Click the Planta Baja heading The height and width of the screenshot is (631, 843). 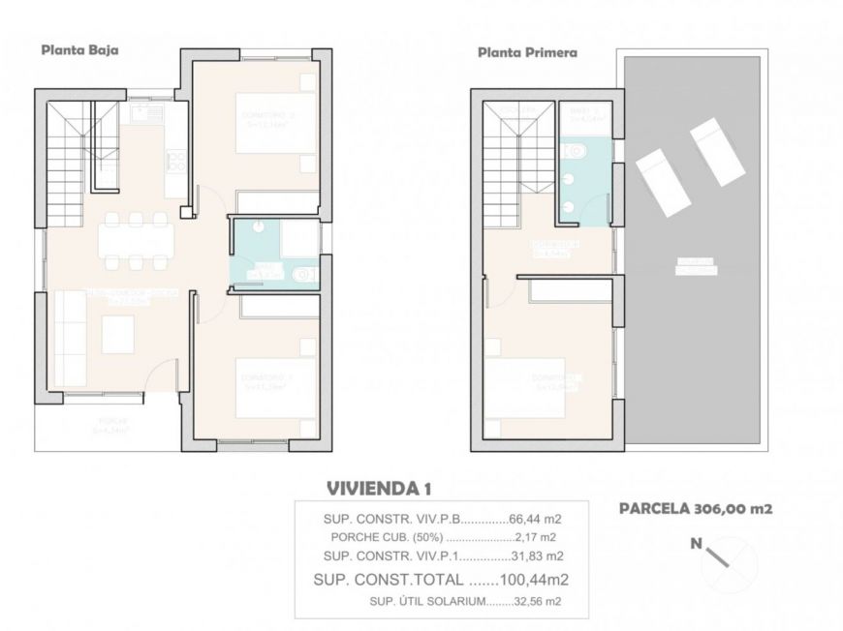79,51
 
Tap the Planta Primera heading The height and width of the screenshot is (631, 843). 527,53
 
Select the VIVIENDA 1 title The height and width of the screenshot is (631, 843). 377,487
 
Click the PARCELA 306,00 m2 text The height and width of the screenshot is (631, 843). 695,507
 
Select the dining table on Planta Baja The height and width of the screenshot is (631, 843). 136,240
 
